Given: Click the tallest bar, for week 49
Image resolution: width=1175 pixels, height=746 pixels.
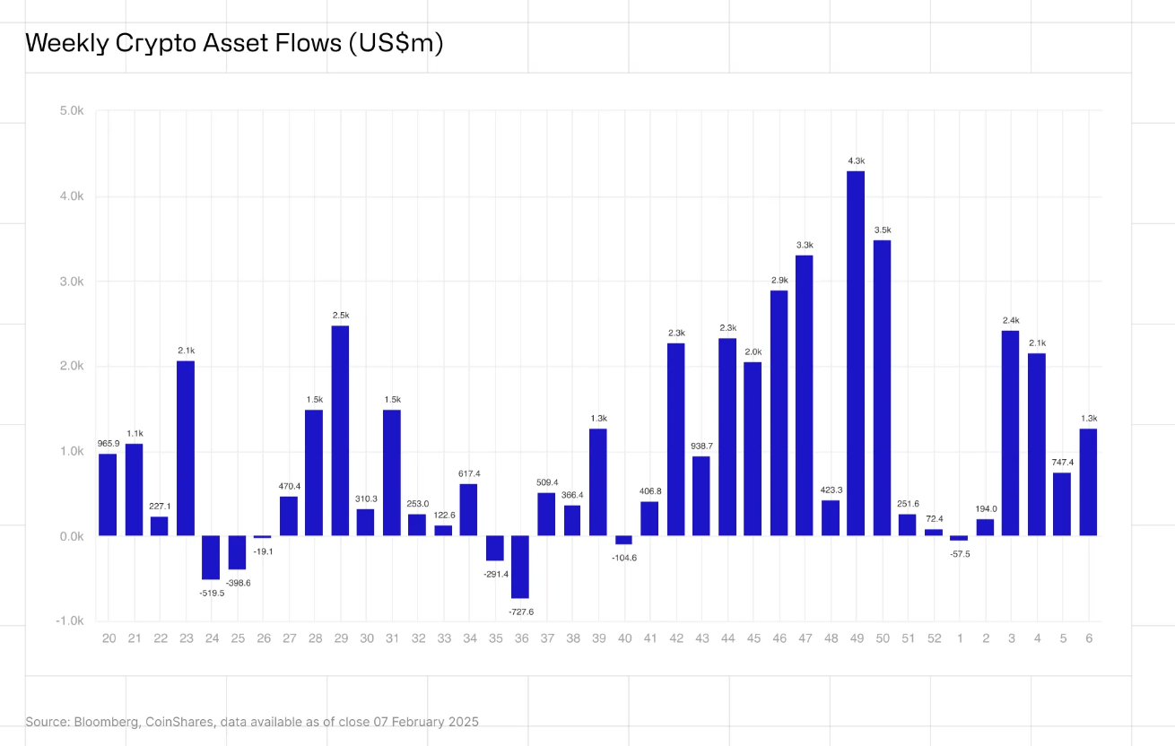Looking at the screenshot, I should (856, 353).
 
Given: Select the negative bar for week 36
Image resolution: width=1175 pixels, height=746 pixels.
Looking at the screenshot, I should (520, 567).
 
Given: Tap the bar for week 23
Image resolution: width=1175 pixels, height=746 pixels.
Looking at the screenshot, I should (186, 448).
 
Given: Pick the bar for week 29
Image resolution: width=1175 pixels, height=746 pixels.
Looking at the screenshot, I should (341, 430).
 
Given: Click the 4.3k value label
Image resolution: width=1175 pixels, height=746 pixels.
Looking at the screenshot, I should (856, 160).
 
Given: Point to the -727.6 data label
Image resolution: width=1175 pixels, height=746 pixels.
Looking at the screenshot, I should (520, 612).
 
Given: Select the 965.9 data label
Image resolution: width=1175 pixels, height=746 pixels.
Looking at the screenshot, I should (108, 444).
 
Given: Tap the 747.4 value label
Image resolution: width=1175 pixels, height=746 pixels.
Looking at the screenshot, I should (1062, 463).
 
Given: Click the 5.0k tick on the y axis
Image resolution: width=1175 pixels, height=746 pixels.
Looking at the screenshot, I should (72, 111).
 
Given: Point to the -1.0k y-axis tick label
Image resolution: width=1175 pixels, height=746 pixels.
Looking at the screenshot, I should (70, 621).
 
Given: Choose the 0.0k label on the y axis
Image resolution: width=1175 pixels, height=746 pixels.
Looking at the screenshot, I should (72, 536).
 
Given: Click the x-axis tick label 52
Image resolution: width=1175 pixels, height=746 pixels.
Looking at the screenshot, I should (934, 638).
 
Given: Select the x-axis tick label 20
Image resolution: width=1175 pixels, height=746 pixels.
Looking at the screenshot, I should (109, 638).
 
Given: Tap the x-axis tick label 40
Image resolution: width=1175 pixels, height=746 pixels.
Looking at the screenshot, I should (624, 638).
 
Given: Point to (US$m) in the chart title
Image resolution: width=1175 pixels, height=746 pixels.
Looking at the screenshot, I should (396, 43).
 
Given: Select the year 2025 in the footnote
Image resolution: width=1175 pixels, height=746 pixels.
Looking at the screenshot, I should (463, 722).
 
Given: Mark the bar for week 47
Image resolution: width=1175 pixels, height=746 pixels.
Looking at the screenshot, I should (805, 395).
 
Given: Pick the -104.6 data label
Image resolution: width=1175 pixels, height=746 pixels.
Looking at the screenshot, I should (624, 558).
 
